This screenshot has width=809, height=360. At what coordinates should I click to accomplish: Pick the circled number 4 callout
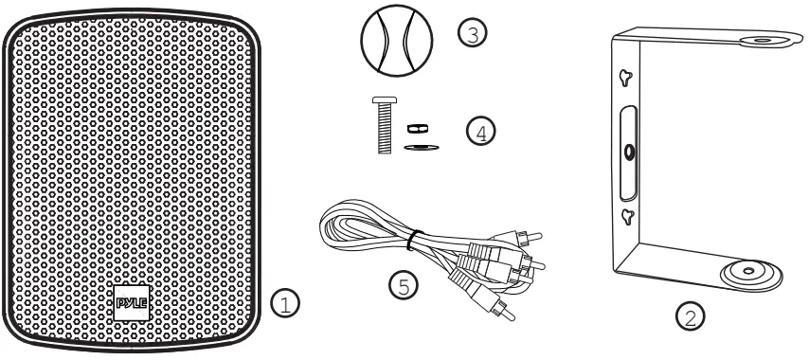(481, 132)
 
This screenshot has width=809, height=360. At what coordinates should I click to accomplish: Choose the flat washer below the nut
(415, 147)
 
